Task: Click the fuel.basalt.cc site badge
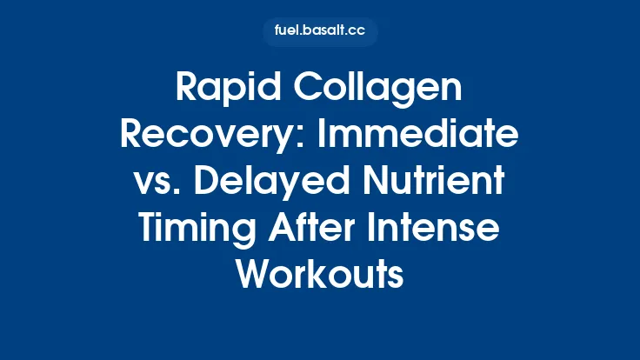pyautogui.click(x=320, y=32)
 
